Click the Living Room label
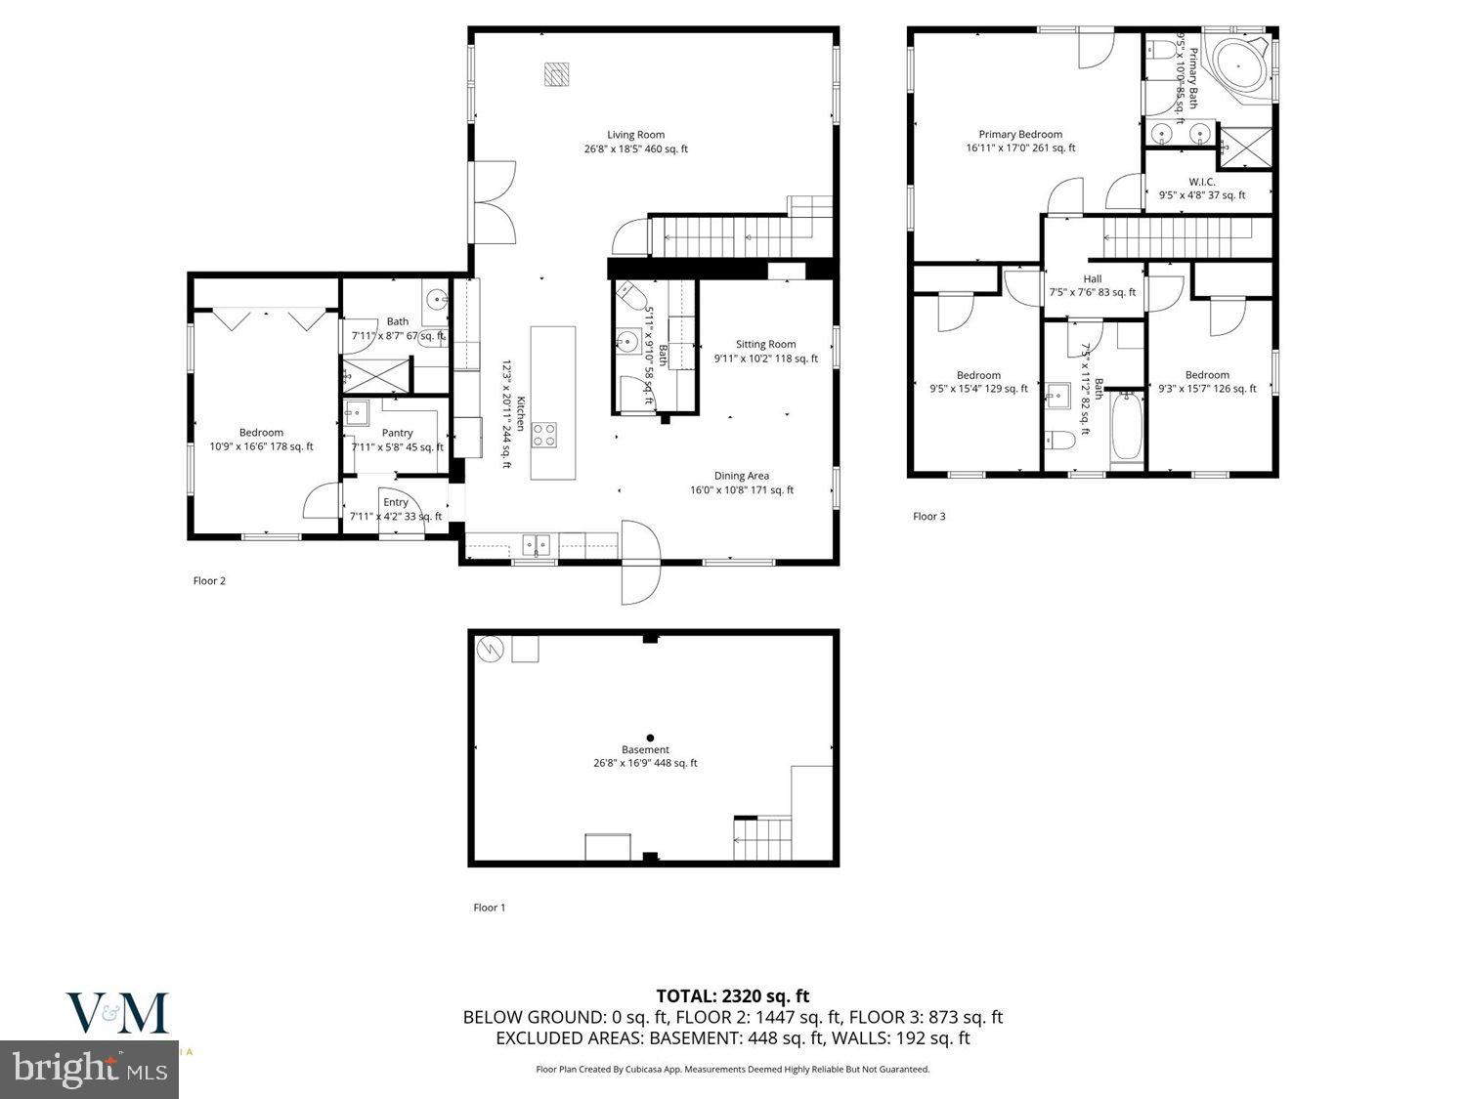tap(635, 135)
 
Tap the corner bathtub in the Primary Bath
tap(1238, 66)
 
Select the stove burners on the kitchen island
tap(544, 435)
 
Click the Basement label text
tap(645, 750)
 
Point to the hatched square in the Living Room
tap(557, 75)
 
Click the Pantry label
tap(397, 433)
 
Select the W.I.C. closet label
tap(1201, 182)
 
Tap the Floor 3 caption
tap(928, 517)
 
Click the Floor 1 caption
tap(490, 908)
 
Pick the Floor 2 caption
tap(209, 581)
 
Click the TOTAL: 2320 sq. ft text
tap(732, 996)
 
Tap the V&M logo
tap(117, 1013)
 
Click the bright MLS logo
tap(90, 1068)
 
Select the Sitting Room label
tap(765, 344)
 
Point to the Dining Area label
tap(742, 477)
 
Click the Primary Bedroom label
tap(1020, 135)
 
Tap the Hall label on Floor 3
tap(1092, 279)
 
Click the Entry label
tap(396, 502)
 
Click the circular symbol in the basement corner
tap(488, 649)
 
